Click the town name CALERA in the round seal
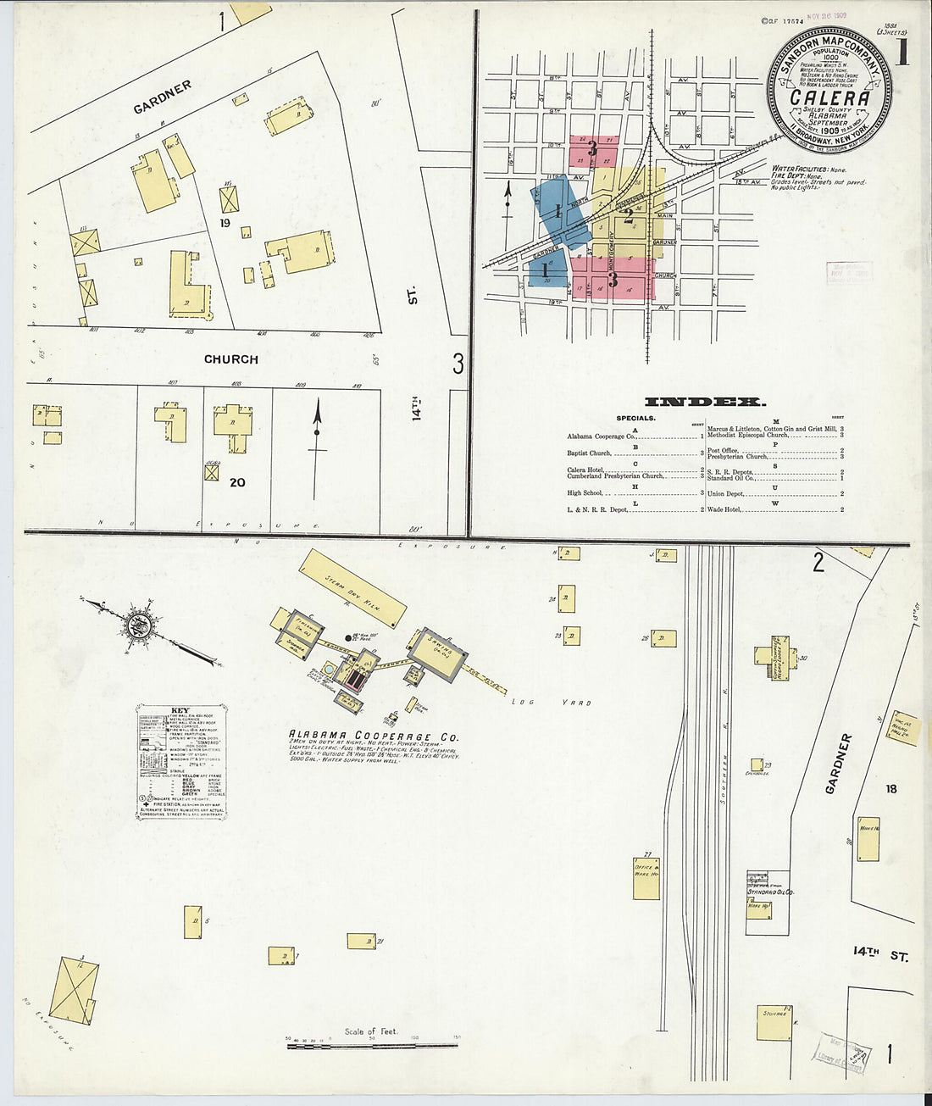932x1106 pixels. click(x=829, y=97)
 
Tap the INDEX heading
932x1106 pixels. click(x=705, y=402)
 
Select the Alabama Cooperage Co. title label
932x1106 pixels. click(x=373, y=736)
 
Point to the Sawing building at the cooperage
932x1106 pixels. click(x=437, y=653)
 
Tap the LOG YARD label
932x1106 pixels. click(x=551, y=703)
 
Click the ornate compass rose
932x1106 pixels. click(x=138, y=626)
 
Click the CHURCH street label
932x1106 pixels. click(x=230, y=359)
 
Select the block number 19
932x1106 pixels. click(x=225, y=223)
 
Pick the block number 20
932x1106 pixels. click(x=237, y=482)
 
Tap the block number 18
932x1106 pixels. click(x=890, y=789)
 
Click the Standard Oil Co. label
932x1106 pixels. click(x=769, y=892)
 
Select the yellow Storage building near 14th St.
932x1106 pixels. click(x=774, y=1022)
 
